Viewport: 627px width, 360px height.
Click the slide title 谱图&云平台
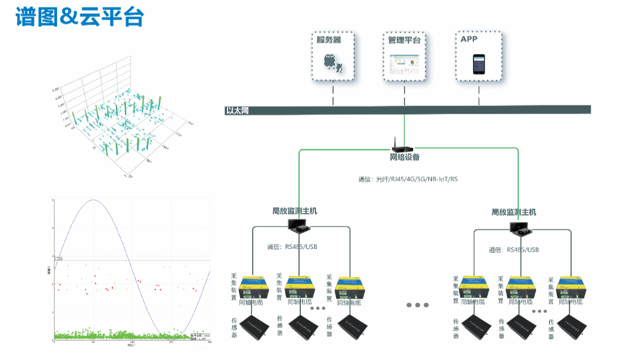[x=80, y=17]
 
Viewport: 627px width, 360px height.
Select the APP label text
[x=469, y=39]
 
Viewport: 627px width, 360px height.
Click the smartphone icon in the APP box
[x=479, y=64]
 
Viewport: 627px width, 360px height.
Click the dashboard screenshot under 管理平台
[x=404, y=64]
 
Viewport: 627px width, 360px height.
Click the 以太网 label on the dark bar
[x=238, y=111]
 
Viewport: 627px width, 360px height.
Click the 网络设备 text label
[x=405, y=157]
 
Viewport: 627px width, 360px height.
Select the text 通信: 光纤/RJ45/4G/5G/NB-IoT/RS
[x=408, y=179]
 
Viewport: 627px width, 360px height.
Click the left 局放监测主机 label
[x=295, y=211]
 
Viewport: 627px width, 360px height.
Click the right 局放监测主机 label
[x=514, y=213]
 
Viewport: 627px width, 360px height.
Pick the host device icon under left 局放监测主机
[x=295, y=224]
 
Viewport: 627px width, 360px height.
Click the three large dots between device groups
[x=418, y=305]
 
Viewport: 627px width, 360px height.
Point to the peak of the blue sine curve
[x=93, y=200]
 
